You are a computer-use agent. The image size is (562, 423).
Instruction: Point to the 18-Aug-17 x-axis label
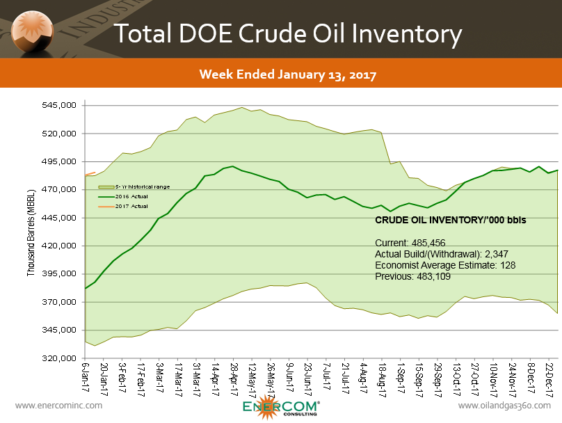383,380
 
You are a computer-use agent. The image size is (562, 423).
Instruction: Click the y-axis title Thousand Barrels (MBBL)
31,232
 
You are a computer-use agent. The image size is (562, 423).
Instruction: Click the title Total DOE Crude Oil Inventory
287,33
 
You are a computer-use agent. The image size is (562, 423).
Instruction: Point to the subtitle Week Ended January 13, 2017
287,74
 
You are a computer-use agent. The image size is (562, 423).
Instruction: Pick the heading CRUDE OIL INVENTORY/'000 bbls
450,220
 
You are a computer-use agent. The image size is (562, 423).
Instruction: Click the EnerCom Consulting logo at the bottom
281,408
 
